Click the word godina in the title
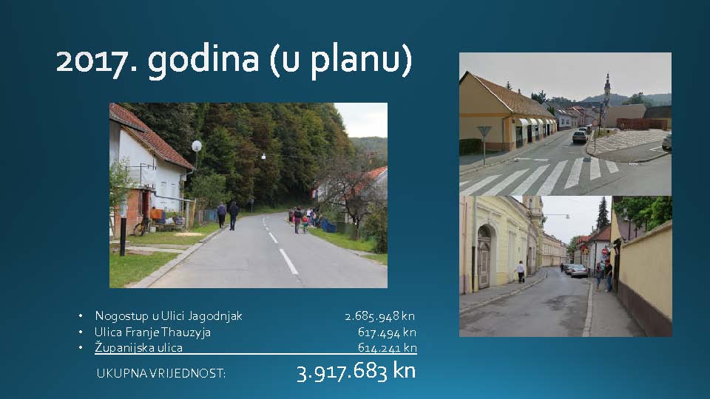pos(203,61)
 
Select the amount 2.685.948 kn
pos(380,316)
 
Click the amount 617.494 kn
pos(387,332)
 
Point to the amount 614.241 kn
pos(387,348)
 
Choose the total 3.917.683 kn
pos(356,372)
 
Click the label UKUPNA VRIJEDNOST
pos(160,374)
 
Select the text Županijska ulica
pos(138,347)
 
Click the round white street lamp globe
pos(197,146)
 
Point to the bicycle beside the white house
pos(141,227)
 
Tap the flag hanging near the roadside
pos(314,194)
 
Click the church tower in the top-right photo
pos(606,89)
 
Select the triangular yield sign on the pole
pos(484,132)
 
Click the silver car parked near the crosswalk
pos(580,137)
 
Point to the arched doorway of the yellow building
pos(484,257)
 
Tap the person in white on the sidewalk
pos(521,272)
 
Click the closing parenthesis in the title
pos(406,61)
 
